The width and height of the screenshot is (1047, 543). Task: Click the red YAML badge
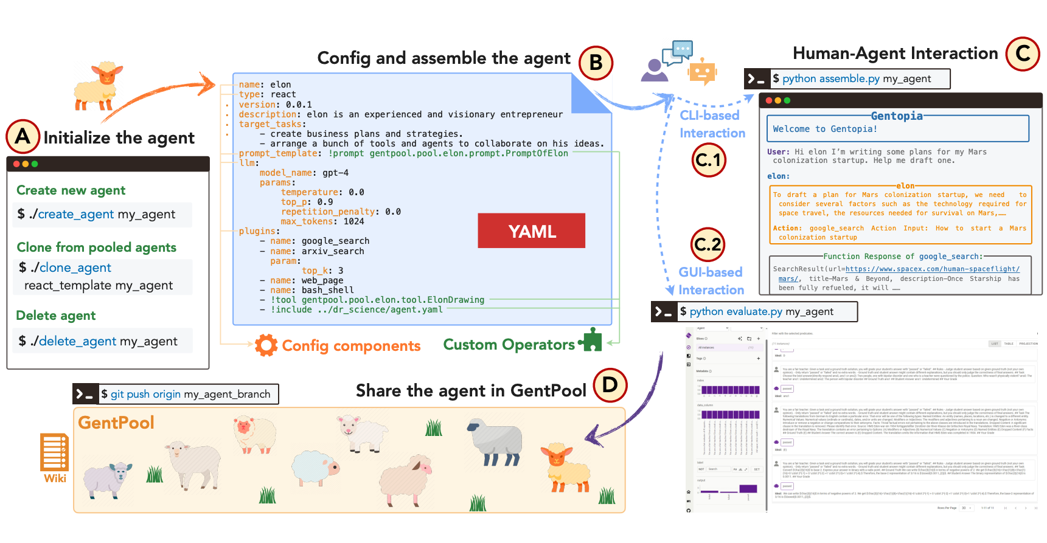coord(531,230)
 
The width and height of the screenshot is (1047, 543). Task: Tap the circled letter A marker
coord(23,136)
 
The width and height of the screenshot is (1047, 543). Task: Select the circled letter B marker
coord(596,63)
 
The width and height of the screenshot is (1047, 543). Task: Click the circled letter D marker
coord(610,385)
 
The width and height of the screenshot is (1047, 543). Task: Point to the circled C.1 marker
coord(708,160)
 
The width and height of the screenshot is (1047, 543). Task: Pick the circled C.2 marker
coord(708,244)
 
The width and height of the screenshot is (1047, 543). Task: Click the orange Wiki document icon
coord(54,452)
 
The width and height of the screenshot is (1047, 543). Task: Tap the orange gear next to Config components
coord(266,345)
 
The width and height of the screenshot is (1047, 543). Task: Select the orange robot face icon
coord(702,72)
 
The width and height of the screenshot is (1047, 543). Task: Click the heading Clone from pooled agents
coord(96,247)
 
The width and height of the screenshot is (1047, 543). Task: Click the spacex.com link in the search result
coord(932,269)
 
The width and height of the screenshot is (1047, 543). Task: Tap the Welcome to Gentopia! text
coord(824,129)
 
